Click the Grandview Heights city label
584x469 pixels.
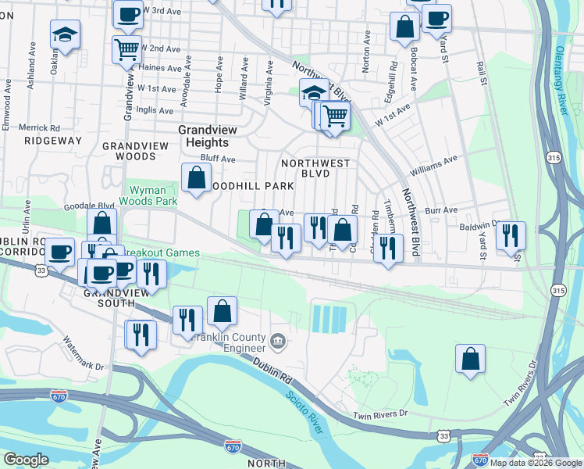[203, 137]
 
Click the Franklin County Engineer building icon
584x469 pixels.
[278, 341]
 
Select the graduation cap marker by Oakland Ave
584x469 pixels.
[66, 34]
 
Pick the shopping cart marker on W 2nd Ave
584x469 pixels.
[126, 51]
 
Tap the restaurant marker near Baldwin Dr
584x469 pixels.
[511, 235]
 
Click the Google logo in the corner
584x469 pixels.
[26, 460]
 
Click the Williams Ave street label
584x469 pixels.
[433, 165]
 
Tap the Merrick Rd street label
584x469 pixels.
[39, 127]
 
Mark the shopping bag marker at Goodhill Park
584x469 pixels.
[196, 177]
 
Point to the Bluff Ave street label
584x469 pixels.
[218, 159]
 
